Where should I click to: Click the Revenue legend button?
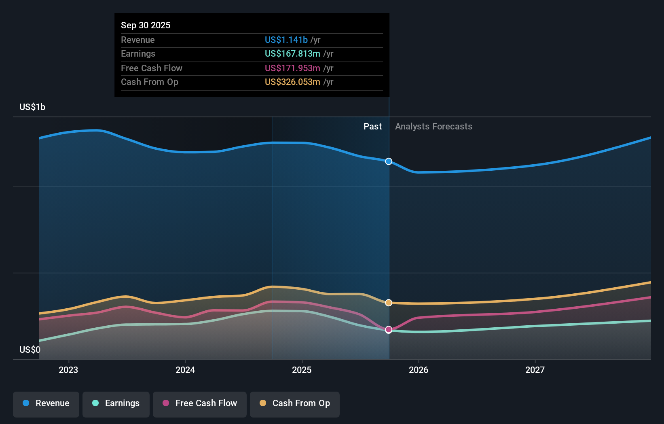pyautogui.click(x=46, y=404)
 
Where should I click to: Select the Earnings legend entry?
pyautogui.click(x=116, y=404)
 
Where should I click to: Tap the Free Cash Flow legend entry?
pyautogui.click(x=200, y=404)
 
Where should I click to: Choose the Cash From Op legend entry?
pyautogui.click(x=295, y=404)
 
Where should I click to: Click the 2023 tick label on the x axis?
pyautogui.click(x=68, y=370)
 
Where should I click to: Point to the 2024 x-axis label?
pyautogui.click(x=185, y=370)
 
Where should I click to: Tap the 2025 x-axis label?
pyautogui.click(x=302, y=370)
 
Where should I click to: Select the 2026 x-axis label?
pyautogui.click(x=419, y=370)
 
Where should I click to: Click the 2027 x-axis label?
pyautogui.click(x=535, y=370)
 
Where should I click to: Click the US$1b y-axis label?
pyautogui.click(x=32, y=107)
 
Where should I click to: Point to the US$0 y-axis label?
pyautogui.click(x=30, y=350)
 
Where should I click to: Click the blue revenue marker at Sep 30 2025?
pyautogui.click(x=389, y=161)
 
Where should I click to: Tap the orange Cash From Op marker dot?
pyautogui.click(x=389, y=303)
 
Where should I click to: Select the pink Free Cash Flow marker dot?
pyautogui.click(x=389, y=330)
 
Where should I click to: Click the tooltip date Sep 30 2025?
pyautogui.click(x=146, y=25)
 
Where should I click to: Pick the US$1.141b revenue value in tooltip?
pyautogui.click(x=286, y=40)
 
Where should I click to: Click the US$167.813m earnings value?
pyautogui.click(x=292, y=53)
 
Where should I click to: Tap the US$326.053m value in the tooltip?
pyautogui.click(x=292, y=82)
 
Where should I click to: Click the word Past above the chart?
pyautogui.click(x=372, y=127)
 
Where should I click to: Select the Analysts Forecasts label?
pyautogui.click(x=434, y=127)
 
